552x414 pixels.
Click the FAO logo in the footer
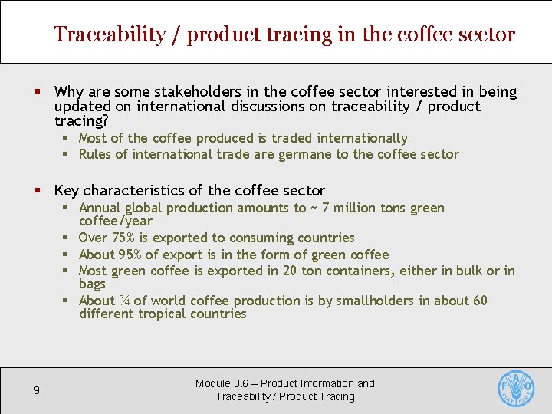click(x=516, y=389)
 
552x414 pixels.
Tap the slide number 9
click(x=36, y=391)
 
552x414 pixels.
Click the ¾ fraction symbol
click(x=123, y=301)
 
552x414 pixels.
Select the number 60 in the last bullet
click(x=480, y=301)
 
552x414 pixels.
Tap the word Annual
click(x=100, y=208)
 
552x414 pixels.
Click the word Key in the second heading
click(x=66, y=190)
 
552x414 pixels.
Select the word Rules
click(x=95, y=154)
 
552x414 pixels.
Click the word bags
click(x=92, y=284)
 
